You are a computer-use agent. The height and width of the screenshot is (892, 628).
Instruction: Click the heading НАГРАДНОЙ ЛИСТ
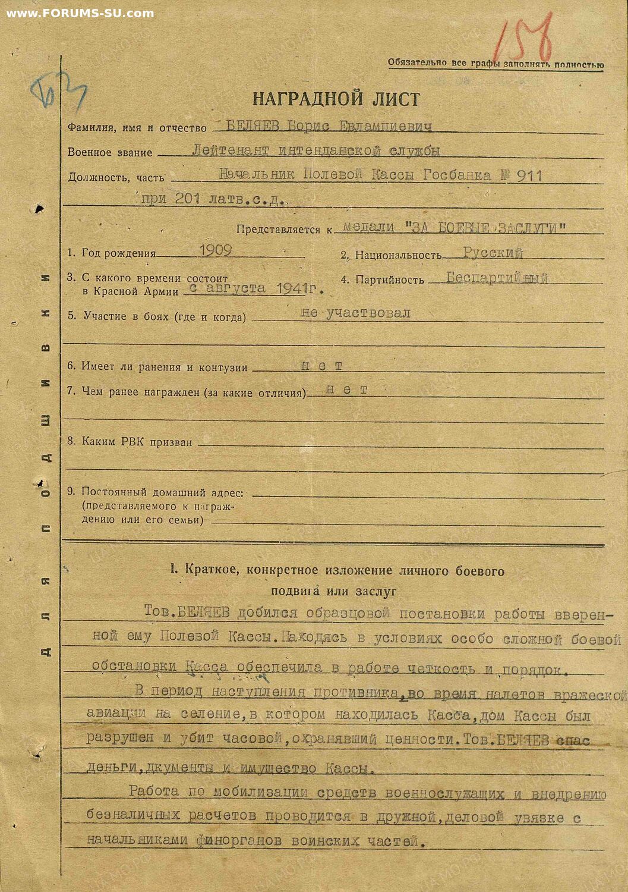click(x=336, y=98)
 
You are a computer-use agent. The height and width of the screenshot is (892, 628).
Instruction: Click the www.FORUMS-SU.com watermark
click(x=80, y=13)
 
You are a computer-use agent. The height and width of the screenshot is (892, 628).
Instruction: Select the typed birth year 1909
click(x=215, y=250)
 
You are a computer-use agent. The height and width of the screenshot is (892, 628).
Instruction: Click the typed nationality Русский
click(x=493, y=253)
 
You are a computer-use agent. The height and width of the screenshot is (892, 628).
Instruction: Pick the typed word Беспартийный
click(x=497, y=278)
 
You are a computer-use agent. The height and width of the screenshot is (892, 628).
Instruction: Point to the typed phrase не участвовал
click(x=355, y=313)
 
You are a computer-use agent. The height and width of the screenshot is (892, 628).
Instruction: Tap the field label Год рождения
click(x=118, y=253)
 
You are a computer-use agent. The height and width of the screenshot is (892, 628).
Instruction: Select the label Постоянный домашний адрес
click(x=162, y=492)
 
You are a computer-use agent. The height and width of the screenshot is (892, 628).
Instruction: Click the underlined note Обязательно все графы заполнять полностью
click(x=496, y=64)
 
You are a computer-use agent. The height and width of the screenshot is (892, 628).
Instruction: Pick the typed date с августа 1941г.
click(x=256, y=288)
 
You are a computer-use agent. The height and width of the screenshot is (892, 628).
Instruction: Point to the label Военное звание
click(x=110, y=152)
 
